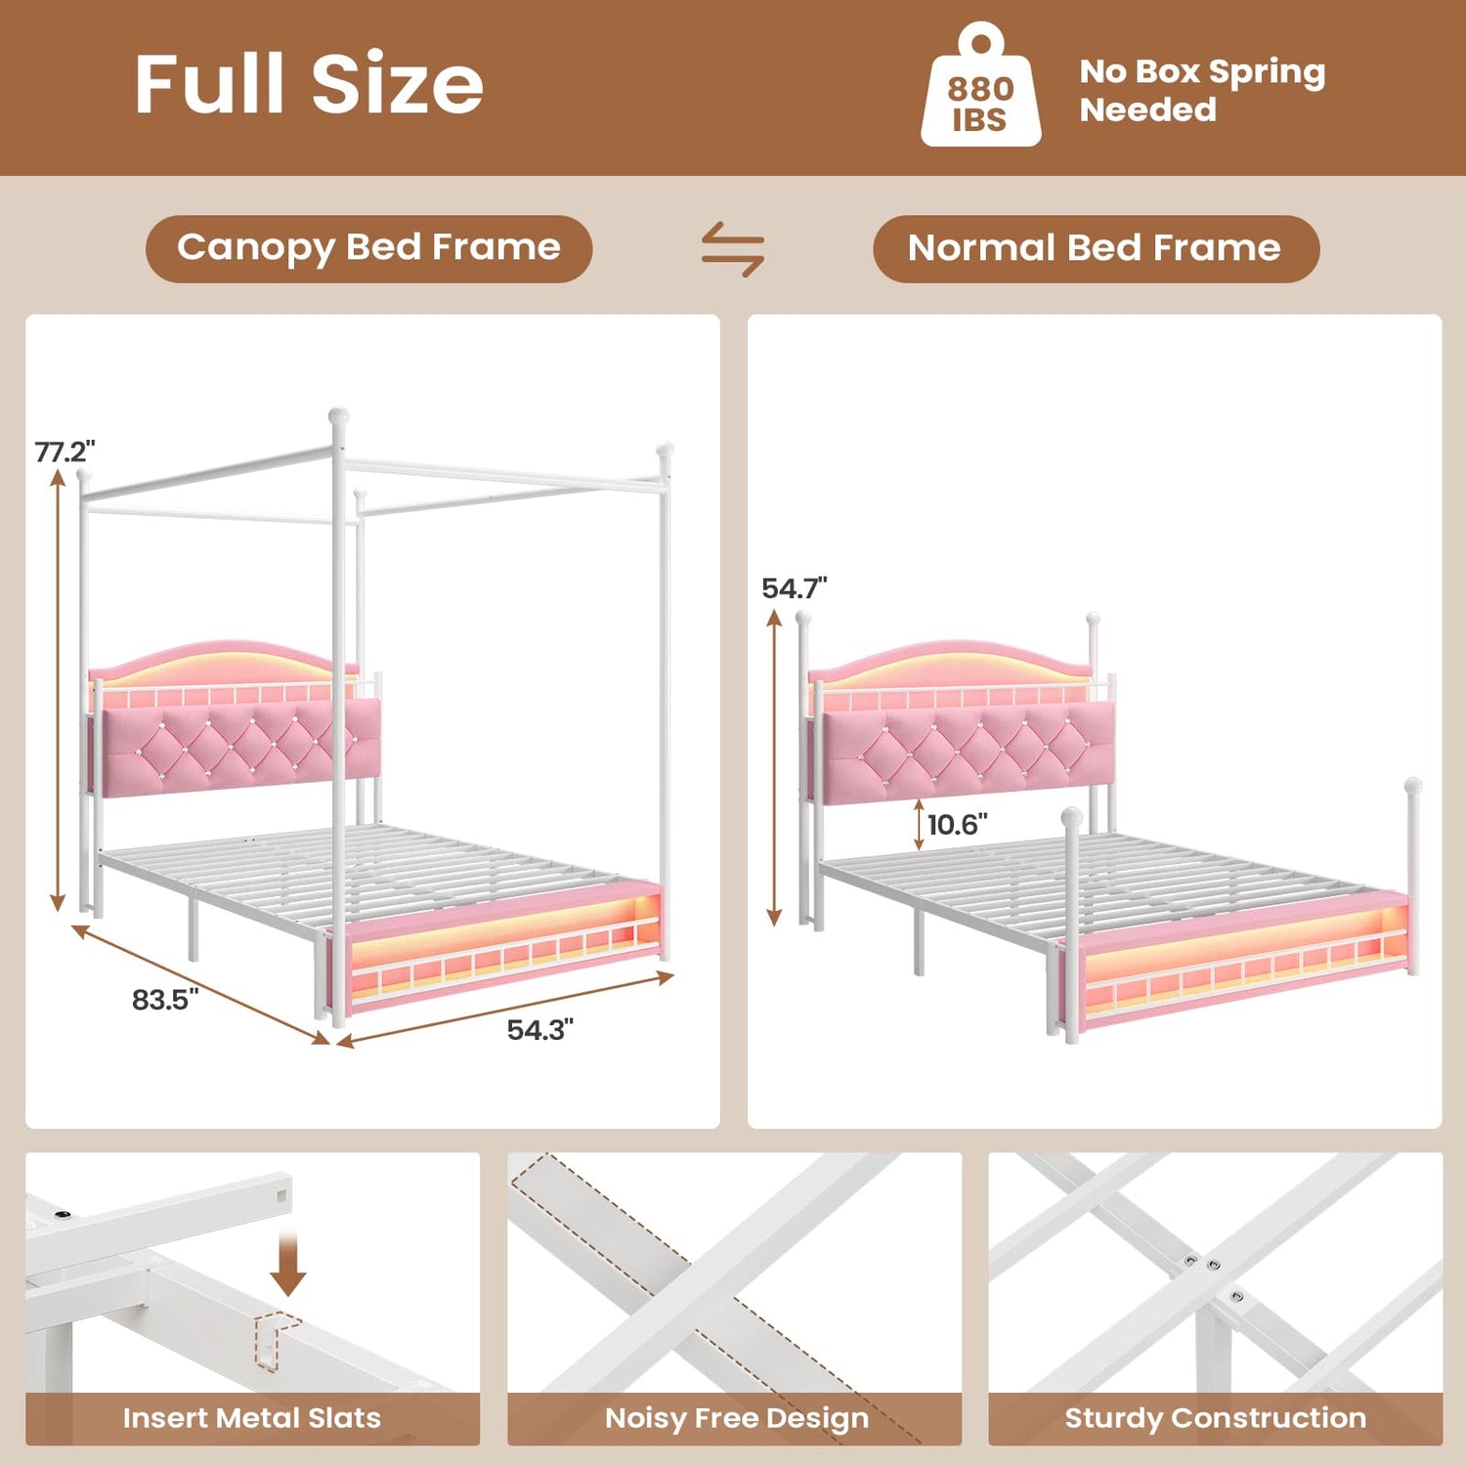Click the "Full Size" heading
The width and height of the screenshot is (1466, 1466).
coord(309,84)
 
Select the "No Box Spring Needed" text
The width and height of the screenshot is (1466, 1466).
coord(1202,90)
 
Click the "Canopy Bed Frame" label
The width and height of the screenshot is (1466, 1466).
coord(368,248)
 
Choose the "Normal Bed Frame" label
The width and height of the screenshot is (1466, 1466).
coord(1095,248)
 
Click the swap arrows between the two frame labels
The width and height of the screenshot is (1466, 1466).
coord(733,249)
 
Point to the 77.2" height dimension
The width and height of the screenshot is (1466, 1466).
coord(65,452)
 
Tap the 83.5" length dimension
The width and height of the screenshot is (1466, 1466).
coord(165,1000)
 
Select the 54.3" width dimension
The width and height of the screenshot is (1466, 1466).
coord(539,1030)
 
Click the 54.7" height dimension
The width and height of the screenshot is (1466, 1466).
coord(794,588)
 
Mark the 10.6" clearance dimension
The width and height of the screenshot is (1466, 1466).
coord(957,825)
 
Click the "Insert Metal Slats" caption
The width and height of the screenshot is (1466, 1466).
coord(252,1418)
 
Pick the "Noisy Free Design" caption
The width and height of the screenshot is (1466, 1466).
coord(736,1418)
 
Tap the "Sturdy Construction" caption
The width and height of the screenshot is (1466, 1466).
coord(1215,1418)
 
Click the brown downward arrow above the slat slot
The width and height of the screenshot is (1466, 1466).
coord(287,1265)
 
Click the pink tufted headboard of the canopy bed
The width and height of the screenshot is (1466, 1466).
coord(240,747)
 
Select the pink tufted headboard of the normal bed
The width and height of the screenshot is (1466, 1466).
coord(969,753)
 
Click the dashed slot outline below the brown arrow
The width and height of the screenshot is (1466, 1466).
coord(276,1339)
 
